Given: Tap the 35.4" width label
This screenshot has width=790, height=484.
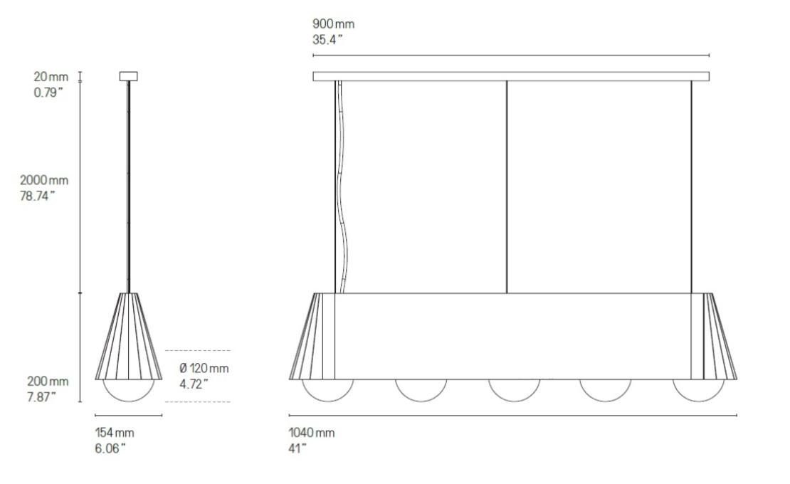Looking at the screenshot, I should point(327,40).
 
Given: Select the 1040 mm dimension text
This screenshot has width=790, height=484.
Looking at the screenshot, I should point(311,433).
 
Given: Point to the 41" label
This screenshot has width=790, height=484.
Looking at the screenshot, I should point(297,448).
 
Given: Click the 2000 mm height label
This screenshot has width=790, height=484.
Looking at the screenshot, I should point(44,181).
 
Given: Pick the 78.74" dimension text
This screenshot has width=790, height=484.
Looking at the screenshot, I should point(39,196).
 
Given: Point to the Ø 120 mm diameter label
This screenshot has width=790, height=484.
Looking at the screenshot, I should point(204,368).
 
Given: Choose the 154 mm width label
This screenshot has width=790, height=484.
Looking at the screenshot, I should point(114,433).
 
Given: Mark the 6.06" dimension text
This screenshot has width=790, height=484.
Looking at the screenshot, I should point(110,448).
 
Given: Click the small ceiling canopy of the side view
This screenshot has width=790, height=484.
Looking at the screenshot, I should point(128,76).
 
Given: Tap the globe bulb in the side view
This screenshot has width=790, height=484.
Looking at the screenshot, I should point(128,390).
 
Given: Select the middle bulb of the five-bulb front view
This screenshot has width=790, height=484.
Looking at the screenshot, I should point(513,390).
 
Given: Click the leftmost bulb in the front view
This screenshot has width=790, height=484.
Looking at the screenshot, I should point(328,390).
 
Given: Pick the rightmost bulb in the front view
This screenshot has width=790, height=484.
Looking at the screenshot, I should point(698,390).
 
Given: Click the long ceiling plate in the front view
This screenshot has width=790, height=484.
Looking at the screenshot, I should point(511,76).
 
